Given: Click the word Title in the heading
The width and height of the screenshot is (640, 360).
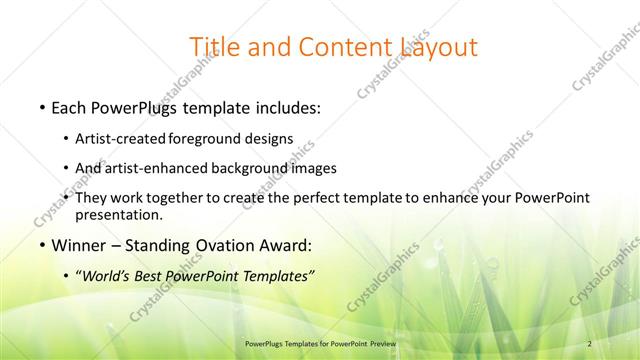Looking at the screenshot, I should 212,47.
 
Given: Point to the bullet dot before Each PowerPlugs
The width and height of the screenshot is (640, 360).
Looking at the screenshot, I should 42,106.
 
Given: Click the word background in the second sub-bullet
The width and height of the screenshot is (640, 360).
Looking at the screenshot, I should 245,168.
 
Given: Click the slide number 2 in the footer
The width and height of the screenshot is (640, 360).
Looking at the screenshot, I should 590,343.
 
